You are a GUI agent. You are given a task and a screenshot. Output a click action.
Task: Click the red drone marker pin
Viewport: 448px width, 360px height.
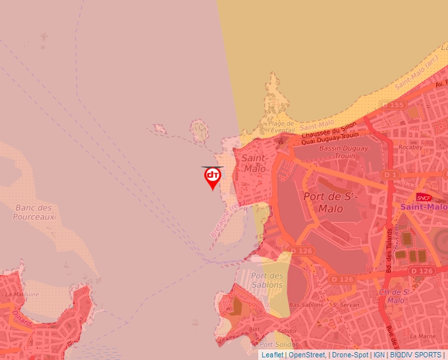click(213, 176)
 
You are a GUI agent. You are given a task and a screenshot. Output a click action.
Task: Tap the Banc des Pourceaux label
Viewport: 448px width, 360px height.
click(33, 212)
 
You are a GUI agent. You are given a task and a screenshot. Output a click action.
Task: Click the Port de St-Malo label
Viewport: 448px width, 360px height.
click(330, 202)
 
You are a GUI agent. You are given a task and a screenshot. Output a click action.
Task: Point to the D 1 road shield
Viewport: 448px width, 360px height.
click(391, 174)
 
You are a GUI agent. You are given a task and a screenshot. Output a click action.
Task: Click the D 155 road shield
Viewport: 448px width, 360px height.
click(393, 105)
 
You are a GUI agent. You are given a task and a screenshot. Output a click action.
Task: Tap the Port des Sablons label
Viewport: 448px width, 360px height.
click(267, 280)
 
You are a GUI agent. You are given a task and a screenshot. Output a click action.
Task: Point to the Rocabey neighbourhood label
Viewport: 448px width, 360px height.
click(409, 147)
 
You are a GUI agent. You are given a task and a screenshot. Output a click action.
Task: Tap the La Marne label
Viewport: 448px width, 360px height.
click(426, 336)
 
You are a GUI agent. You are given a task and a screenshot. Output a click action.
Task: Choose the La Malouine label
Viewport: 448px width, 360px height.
click(22, 294)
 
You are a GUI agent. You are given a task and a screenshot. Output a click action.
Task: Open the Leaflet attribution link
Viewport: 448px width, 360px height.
click(272, 355)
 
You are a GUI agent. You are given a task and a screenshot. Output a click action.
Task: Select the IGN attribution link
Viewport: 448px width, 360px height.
click(379, 355)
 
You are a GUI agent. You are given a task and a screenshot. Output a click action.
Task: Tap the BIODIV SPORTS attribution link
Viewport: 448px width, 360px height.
click(416, 355)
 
